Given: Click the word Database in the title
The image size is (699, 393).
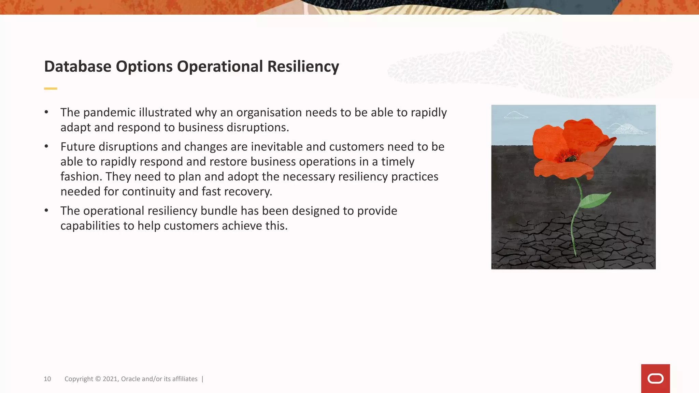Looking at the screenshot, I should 77,67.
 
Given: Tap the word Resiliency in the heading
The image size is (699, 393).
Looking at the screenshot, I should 303,67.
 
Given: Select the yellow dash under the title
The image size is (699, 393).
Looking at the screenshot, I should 51,89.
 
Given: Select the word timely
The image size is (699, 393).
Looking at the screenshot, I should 398,162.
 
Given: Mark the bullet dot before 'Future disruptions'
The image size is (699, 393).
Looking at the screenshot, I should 46,147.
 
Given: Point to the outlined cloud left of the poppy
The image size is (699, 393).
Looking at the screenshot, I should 515,115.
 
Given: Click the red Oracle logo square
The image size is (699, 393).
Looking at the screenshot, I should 655,378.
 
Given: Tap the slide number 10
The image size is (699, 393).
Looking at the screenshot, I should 47,379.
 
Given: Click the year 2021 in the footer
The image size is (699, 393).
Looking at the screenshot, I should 110,379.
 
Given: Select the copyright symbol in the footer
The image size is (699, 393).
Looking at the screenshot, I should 98,379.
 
